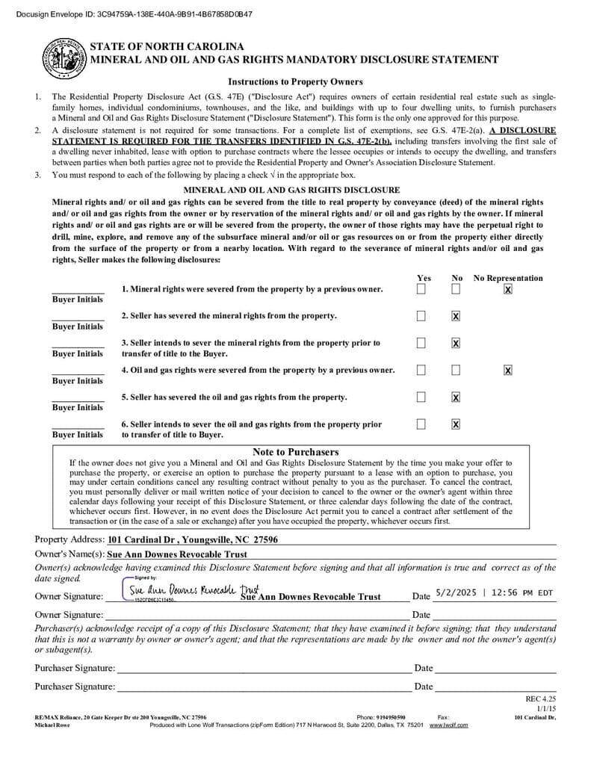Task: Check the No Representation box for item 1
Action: point(508,289)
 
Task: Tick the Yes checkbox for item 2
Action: point(421,316)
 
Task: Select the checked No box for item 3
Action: point(456,343)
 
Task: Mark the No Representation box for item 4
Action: point(508,370)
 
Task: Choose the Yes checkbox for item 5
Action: point(421,397)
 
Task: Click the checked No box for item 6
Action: point(456,424)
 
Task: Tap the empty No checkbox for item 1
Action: point(456,289)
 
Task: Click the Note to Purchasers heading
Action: point(295,452)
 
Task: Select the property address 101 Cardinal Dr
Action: point(193,539)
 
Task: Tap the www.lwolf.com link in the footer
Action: point(448,725)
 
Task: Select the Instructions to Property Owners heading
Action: point(295,82)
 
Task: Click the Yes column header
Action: point(424,278)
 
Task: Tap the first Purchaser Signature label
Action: point(75,668)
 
